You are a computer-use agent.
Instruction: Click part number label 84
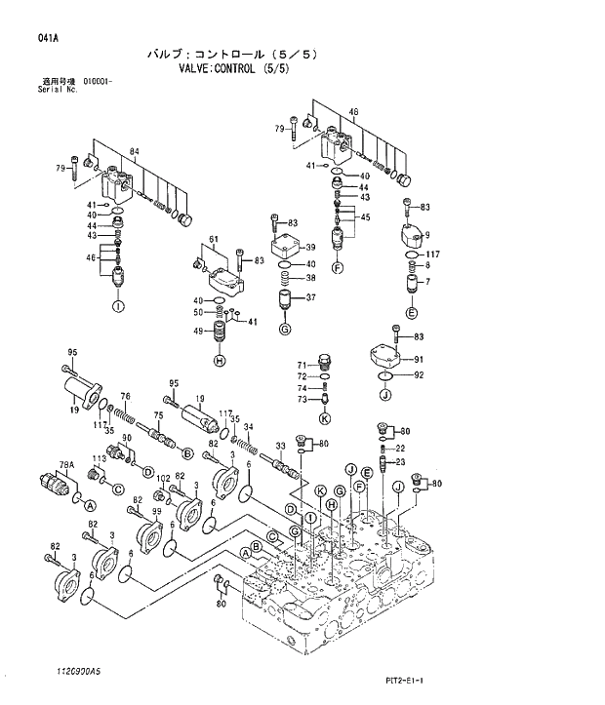click(134, 151)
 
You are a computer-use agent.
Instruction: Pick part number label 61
click(212, 240)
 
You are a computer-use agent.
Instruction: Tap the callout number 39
click(310, 248)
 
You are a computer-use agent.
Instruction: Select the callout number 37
click(310, 297)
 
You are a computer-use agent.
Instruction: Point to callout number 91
click(419, 359)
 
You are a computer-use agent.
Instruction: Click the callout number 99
click(155, 512)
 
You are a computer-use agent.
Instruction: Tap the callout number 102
click(163, 478)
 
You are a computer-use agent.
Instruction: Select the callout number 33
click(280, 446)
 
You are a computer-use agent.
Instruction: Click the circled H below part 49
click(220, 361)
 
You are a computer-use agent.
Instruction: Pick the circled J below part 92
click(384, 395)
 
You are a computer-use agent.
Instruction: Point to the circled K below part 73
click(325, 418)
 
